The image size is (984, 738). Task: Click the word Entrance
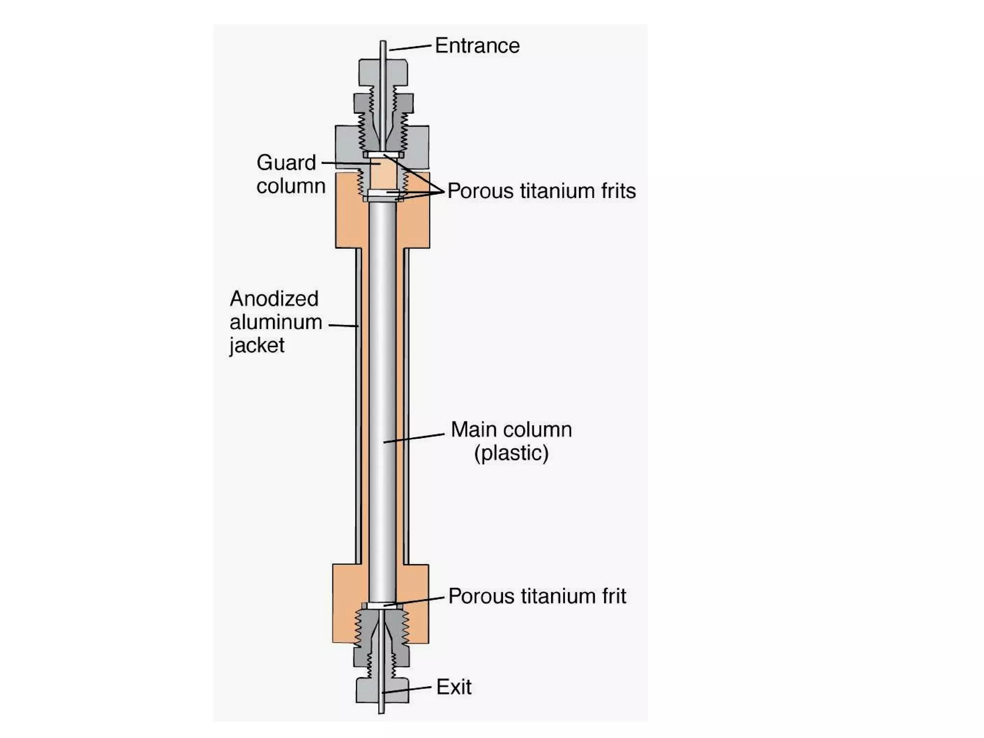tap(477, 46)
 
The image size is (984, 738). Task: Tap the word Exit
tap(454, 687)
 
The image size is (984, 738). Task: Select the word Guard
tap(286, 163)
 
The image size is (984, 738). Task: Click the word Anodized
tap(274, 299)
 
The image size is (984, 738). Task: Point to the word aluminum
tap(276, 322)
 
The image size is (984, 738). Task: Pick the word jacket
tap(257, 345)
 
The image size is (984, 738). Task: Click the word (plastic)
tap(511, 453)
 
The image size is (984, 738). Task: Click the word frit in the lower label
tap(615, 596)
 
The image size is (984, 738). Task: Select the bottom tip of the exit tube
tap(381, 711)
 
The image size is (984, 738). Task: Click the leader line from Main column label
tap(413, 438)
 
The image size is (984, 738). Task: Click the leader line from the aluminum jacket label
tap(343, 325)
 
